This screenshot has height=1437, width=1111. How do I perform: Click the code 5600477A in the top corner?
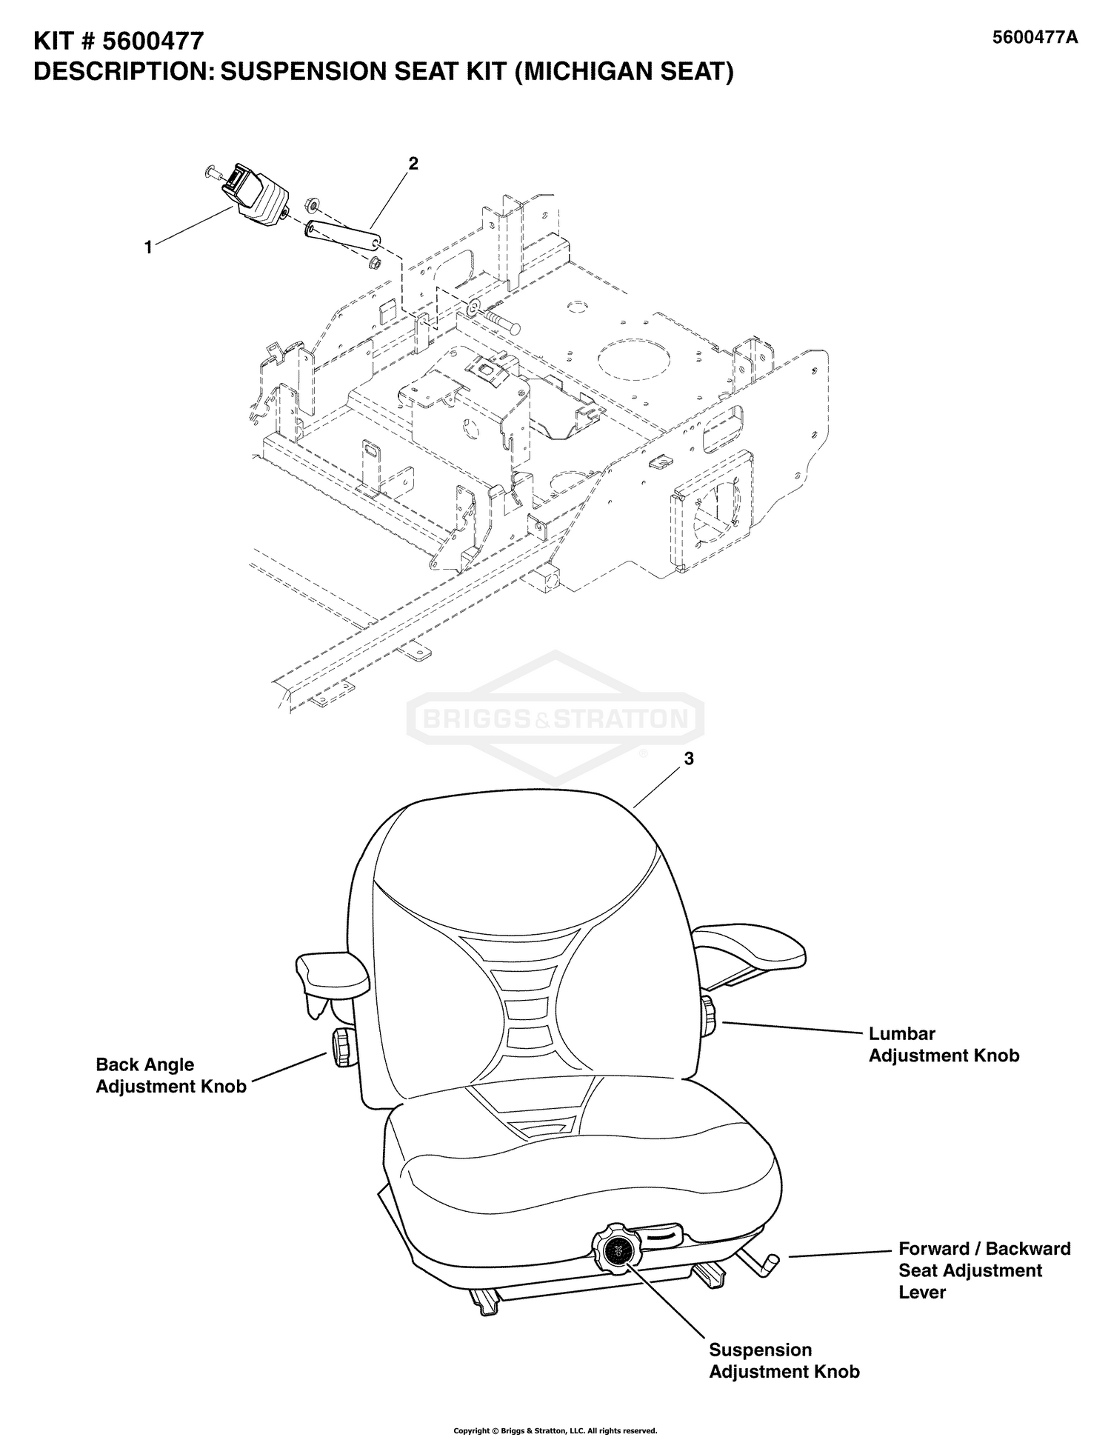tap(1035, 38)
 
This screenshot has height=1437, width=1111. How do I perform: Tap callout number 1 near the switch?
tap(148, 248)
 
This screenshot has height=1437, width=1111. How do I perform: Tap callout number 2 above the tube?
tap(413, 164)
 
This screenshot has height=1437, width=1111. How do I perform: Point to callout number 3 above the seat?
tap(689, 759)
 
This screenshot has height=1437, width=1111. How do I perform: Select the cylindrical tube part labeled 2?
tap(340, 238)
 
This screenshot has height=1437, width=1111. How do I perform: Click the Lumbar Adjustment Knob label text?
tap(943, 1044)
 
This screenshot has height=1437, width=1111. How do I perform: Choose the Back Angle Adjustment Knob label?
tap(170, 1076)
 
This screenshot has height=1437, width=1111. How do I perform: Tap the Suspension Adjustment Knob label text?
tap(784, 1361)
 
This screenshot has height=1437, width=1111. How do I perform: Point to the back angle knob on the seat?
tap(342, 1047)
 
